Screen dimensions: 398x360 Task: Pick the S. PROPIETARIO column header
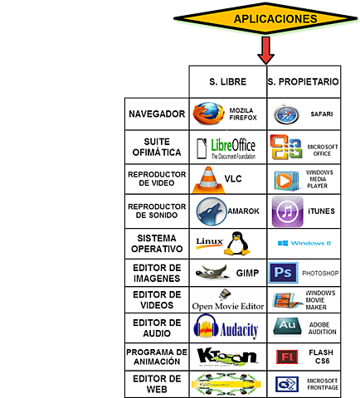coord(303,82)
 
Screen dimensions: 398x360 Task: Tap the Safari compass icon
coord(286,114)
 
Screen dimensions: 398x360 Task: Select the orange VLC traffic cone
coord(205,179)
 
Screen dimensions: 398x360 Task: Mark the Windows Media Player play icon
coord(285,179)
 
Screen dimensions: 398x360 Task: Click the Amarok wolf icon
coord(209,211)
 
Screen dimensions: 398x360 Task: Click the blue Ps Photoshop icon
coord(285,271)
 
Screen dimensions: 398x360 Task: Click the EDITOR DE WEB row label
coord(155,384)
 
